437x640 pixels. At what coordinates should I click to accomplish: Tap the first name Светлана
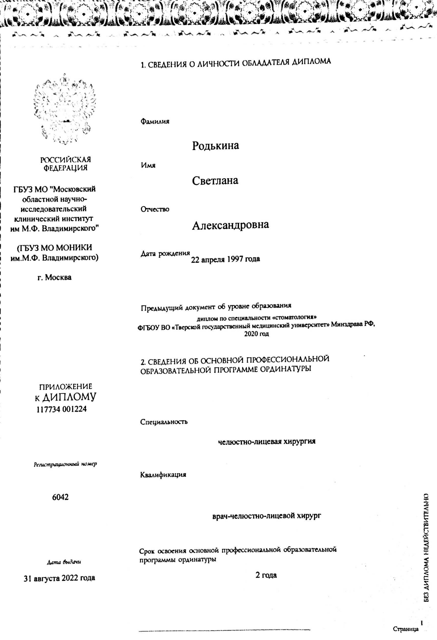tap(215, 181)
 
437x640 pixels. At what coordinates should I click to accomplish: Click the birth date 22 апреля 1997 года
tap(225, 259)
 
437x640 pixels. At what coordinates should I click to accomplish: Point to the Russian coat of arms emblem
tap(65, 109)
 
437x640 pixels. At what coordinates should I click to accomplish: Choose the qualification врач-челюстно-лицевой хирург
tap(267, 516)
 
